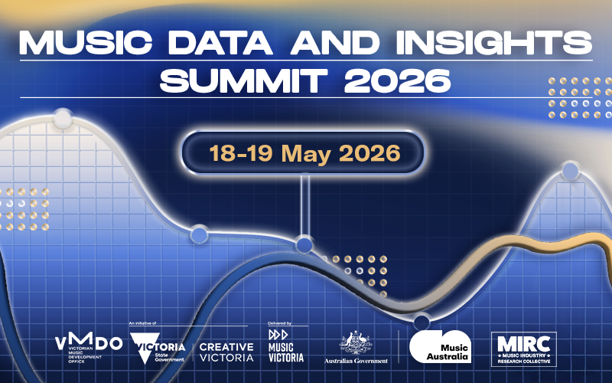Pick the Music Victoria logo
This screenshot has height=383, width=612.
[285, 347]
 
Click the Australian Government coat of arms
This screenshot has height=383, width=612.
[355, 342]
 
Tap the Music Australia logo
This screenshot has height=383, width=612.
[439, 347]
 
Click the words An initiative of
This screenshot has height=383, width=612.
[143, 325]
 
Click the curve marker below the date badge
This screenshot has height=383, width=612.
[304, 245]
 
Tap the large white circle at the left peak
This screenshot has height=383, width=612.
[62, 119]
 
